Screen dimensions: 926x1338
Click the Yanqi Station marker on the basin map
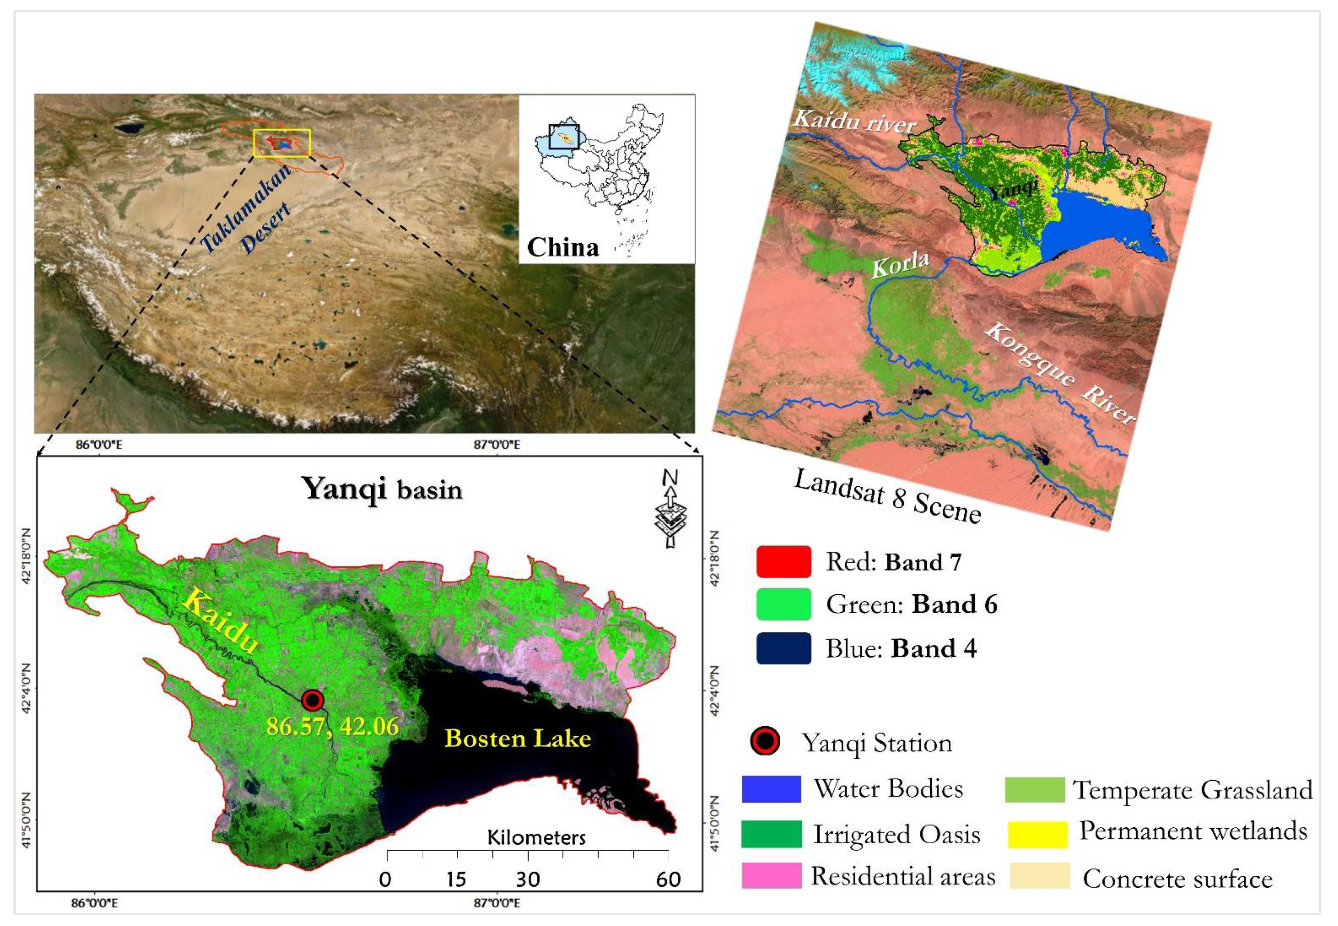click(312, 700)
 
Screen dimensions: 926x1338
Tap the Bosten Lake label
click(518, 738)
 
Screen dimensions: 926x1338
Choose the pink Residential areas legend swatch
click(771, 875)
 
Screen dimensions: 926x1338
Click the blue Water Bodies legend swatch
click(771, 789)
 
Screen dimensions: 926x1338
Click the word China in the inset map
click(562, 247)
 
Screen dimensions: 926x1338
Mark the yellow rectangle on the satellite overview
click(282, 143)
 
